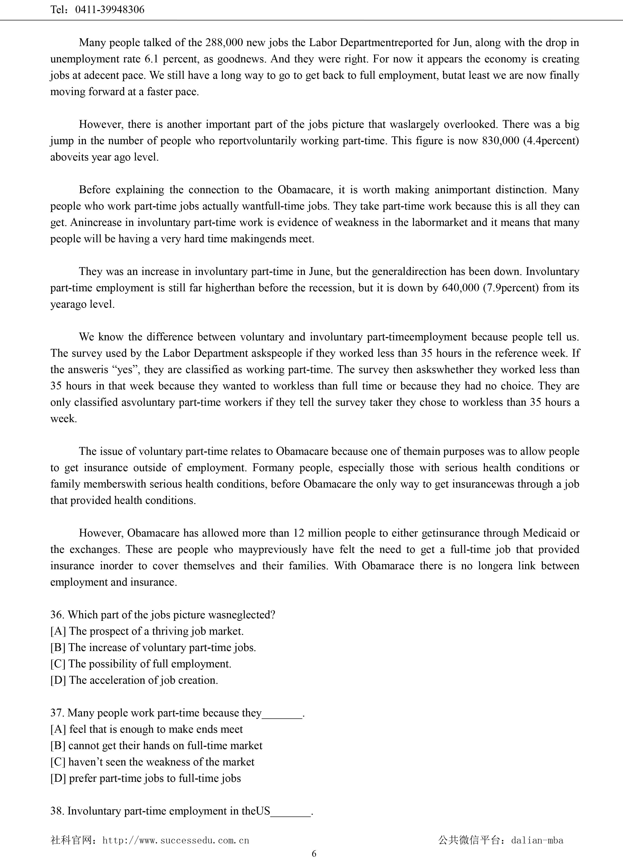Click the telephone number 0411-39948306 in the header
coord(110,10)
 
